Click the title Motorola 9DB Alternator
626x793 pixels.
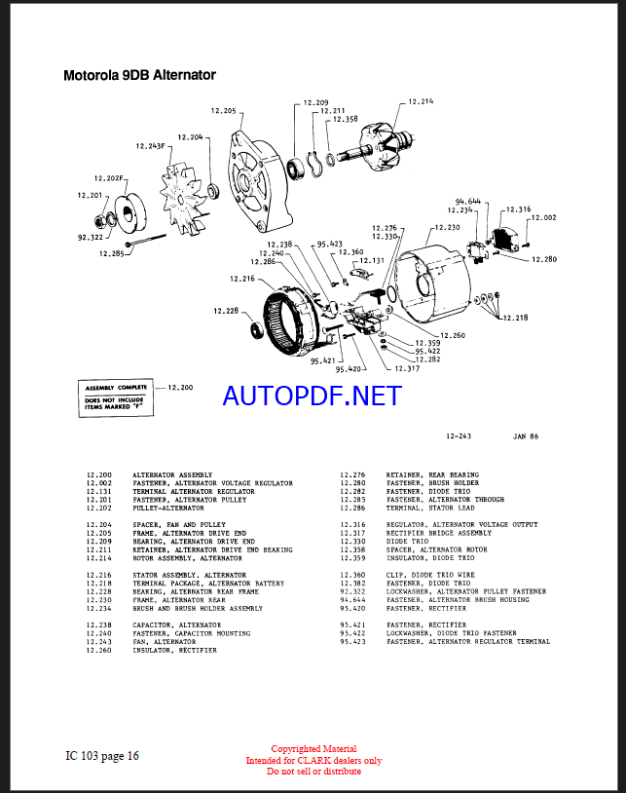point(139,75)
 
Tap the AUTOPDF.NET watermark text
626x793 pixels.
point(312,396)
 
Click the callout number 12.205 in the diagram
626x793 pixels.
point(223,111)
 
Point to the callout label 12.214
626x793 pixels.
point(421,101)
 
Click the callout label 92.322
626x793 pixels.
point(91,236)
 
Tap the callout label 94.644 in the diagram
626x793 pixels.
point(467,202)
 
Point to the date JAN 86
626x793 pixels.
point(525,436)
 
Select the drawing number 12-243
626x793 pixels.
point(459,436)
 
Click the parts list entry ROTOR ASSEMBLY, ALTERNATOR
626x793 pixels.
point(187,558)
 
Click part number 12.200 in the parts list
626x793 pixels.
point(97,474)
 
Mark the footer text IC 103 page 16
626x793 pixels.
point(102,755)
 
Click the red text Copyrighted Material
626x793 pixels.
point(313,749)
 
